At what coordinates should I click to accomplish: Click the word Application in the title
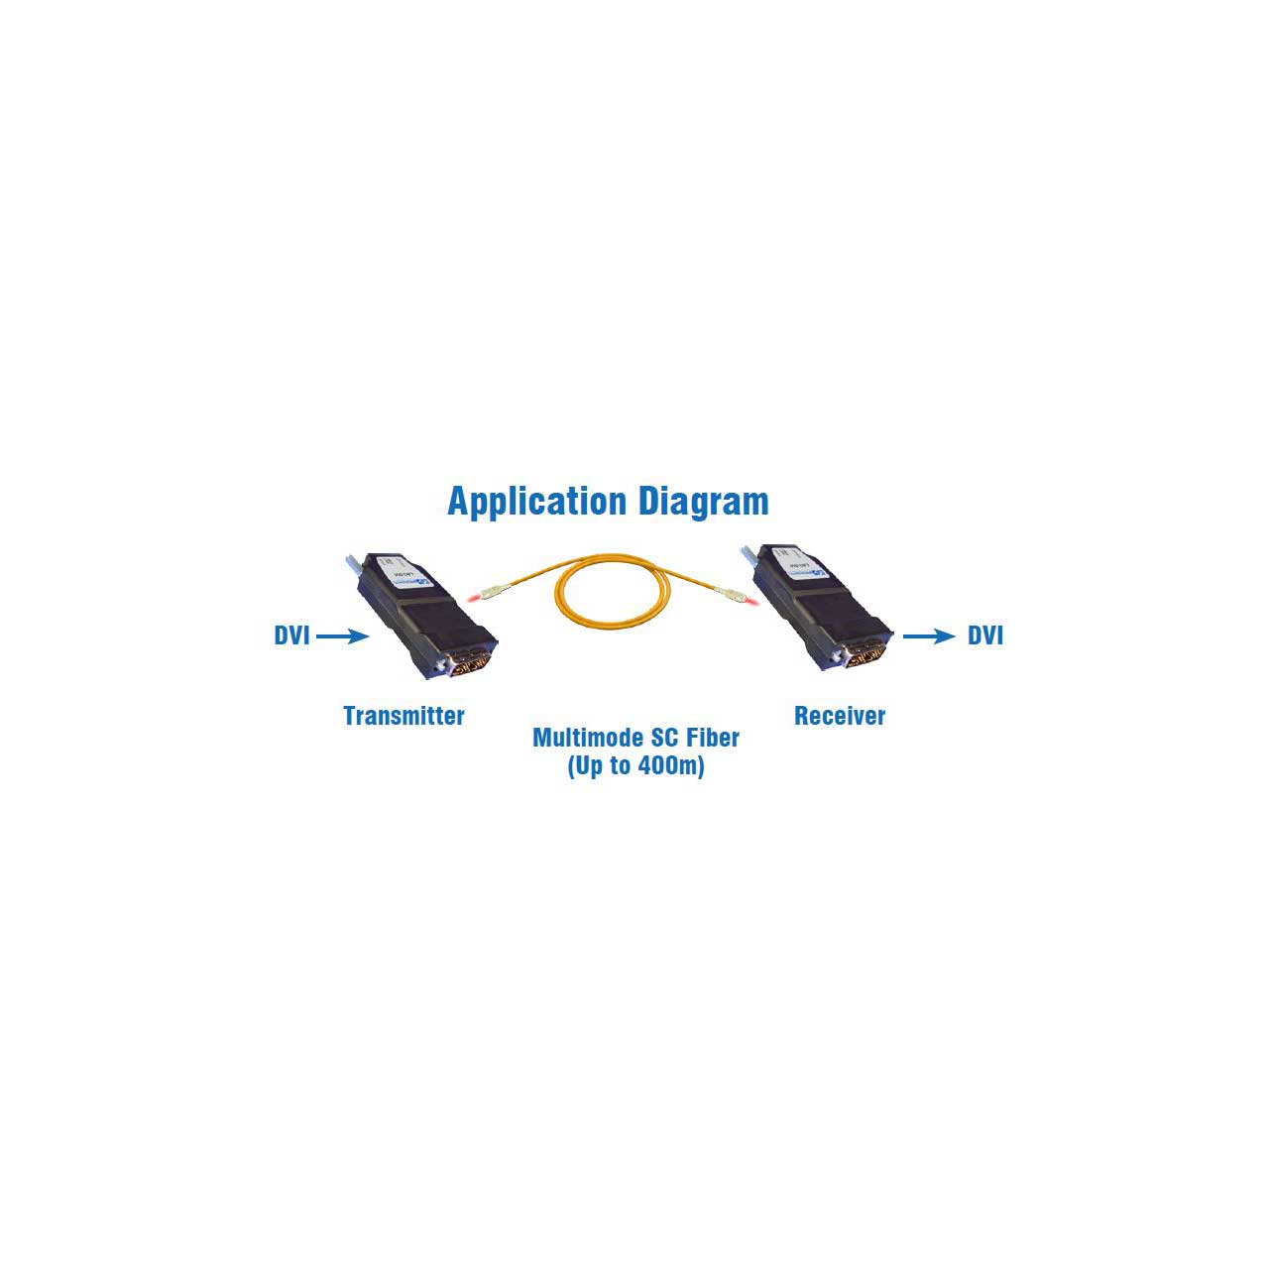pyautogui.click(x=536, y=503)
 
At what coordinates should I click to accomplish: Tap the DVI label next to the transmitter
pyautogui.click(x=291, y=635)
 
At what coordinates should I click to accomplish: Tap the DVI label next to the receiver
pyautogui.click(x=985, y=635)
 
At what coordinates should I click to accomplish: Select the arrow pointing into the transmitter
pyautogui.click(x=342, y=636)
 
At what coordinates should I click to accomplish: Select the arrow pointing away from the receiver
pyautogui.click(x=929, y=636)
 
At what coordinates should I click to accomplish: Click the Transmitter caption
pyautogui.click(x=404, y=716)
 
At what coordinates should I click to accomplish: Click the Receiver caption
pyautogui.click(x=840, y=716)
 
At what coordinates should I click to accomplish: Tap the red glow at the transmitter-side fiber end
pyautogui.click(x=474, y=598)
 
